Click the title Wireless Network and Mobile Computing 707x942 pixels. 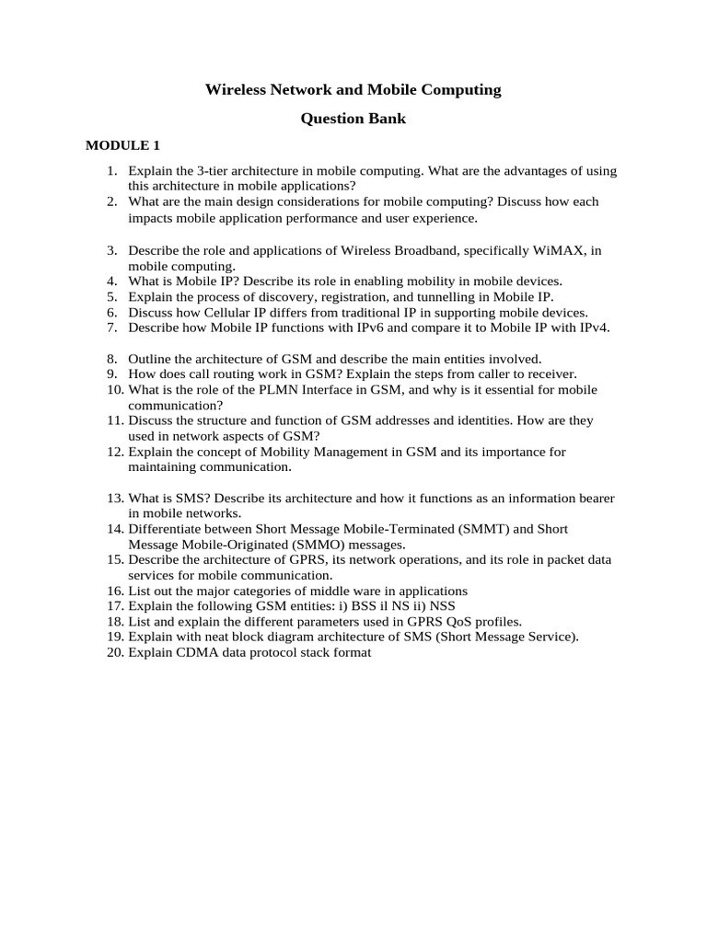click(x=353, y=89)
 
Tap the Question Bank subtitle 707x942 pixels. click(x=353, y=119)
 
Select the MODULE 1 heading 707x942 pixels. click(x=122, y=145)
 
